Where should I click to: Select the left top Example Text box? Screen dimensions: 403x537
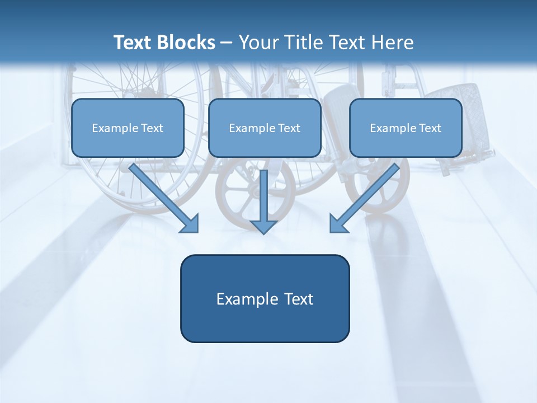tap(128, 128)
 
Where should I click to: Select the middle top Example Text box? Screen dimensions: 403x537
tap(265, 128)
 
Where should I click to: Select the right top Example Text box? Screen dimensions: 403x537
tap(406, 128)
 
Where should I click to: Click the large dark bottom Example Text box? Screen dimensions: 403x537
tap(265, 298)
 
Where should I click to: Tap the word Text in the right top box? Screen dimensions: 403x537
tap(430, 128)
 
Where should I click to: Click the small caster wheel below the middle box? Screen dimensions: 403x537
tap(246, 196)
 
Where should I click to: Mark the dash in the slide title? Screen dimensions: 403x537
tap(227, 43)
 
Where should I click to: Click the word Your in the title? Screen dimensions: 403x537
tap(257, 43)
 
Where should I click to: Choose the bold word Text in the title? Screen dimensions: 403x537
tap(133, 43)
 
